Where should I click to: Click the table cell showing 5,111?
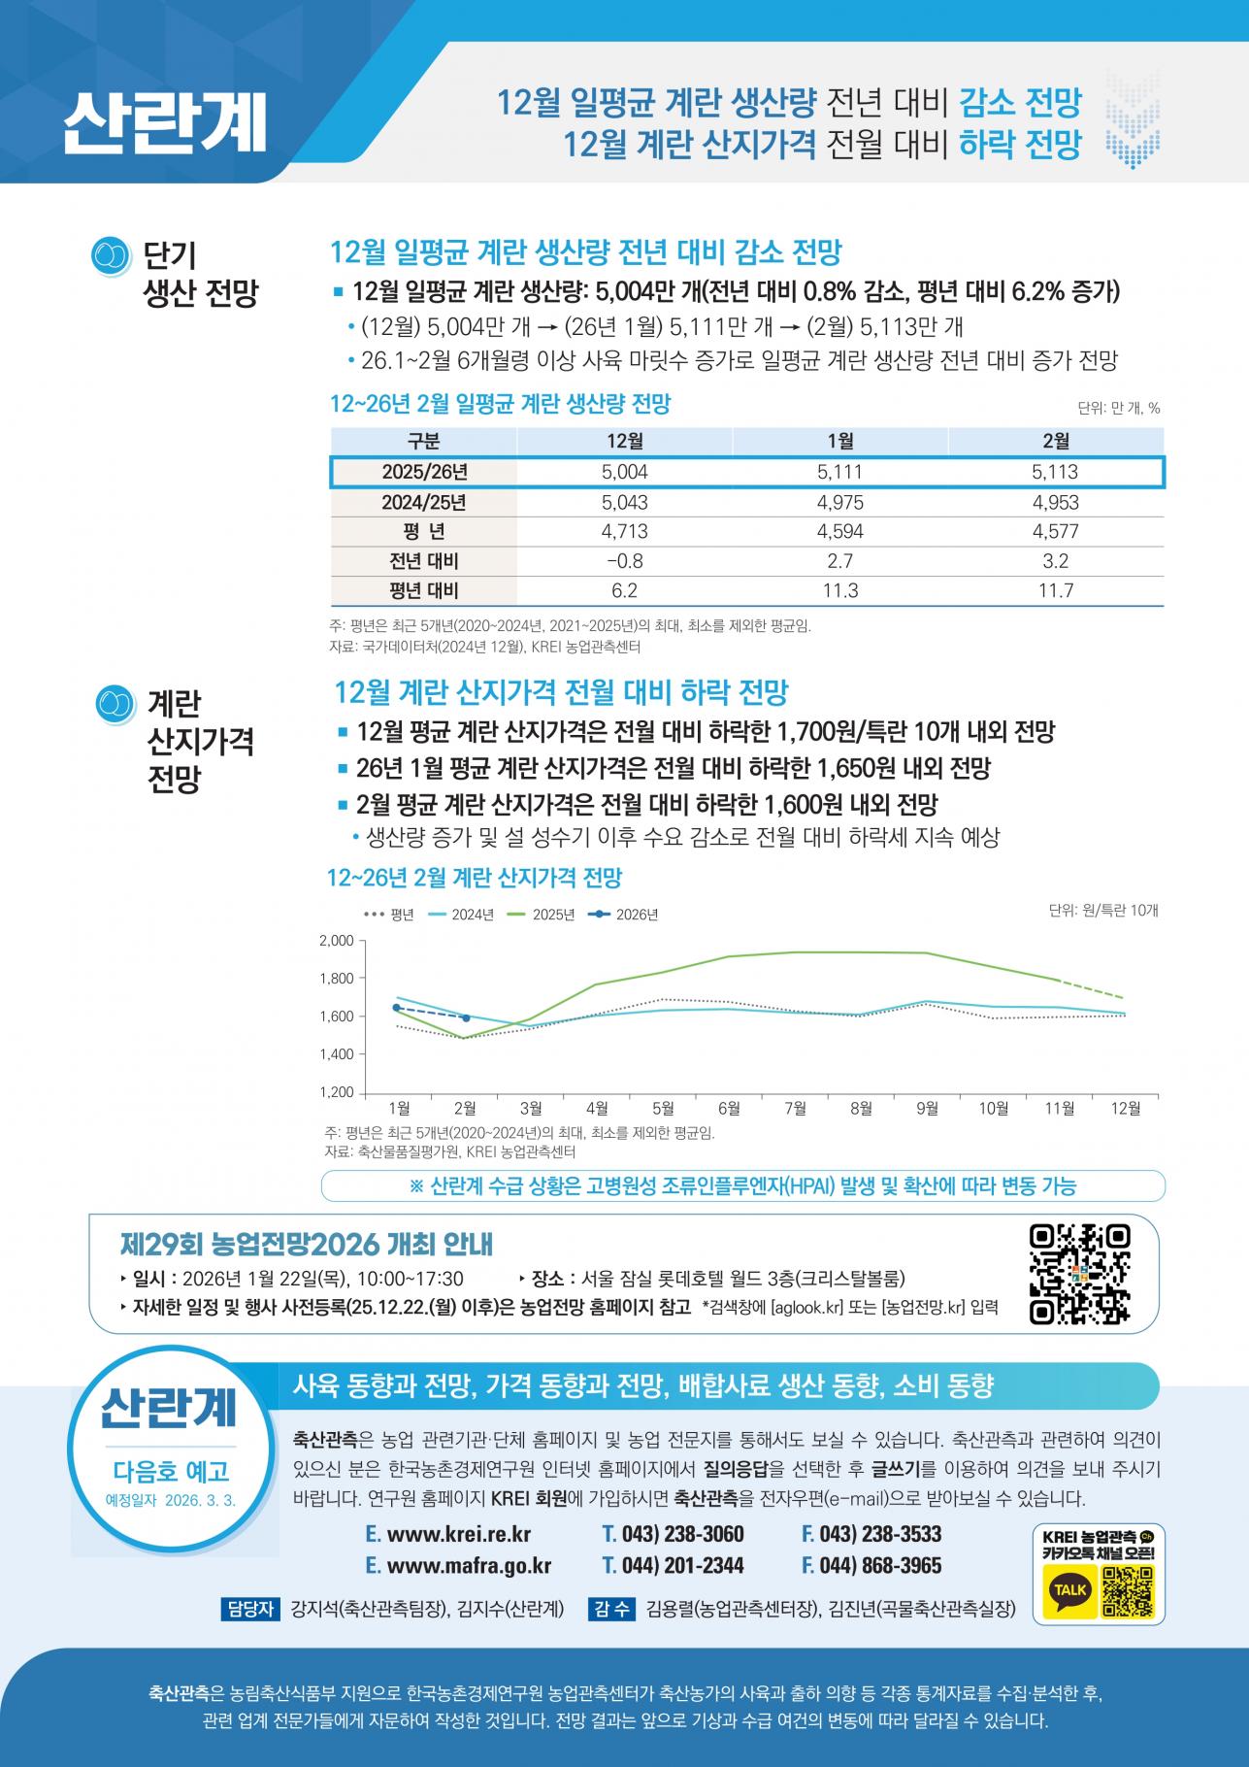[x=839, y=473]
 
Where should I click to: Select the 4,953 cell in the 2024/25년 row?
[x=1055, y=503]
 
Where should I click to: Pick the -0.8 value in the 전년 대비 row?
[x=624, y=561]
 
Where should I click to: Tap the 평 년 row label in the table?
[x=423, y=532]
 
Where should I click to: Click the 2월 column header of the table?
[x=1055, y=442]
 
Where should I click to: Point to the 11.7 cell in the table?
[x=1055, y=590]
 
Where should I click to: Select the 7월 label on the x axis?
[x=795, y=1108]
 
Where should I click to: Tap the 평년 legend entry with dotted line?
[x=389, y=915]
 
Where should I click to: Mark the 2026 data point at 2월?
[x=466, y=1017]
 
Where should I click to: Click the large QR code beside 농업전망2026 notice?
[x=1079, y=1274]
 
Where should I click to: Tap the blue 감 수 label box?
[x=611, y=1609]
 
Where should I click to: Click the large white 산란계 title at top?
[x=165, y=123]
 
